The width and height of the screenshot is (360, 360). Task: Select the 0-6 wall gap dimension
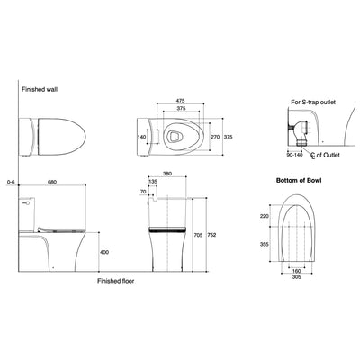8,180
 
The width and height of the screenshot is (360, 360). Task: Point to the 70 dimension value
143,192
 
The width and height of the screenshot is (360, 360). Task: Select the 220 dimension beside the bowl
264,217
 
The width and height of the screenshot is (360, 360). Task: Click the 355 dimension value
264,242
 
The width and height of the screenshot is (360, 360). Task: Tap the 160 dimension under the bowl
296,271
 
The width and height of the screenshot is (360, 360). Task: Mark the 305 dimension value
296,279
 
